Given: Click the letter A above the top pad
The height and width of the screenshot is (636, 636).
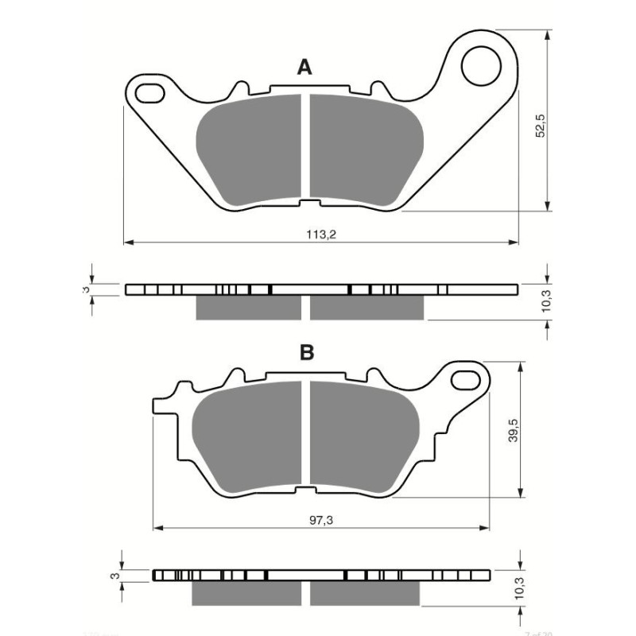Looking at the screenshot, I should tap(304, 68).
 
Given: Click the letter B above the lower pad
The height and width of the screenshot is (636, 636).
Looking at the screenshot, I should tap(308, 353).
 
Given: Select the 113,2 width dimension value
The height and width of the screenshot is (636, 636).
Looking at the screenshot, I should tap(318, 235).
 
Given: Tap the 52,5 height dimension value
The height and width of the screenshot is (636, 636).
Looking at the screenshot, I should tap(540, 126).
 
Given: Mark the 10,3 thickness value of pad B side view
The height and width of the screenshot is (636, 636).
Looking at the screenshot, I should tap(518, 587).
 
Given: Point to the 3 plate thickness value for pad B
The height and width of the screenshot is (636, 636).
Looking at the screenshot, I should tap(114, 575).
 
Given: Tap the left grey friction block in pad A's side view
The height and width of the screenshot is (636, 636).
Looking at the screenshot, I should tap(248, 307).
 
